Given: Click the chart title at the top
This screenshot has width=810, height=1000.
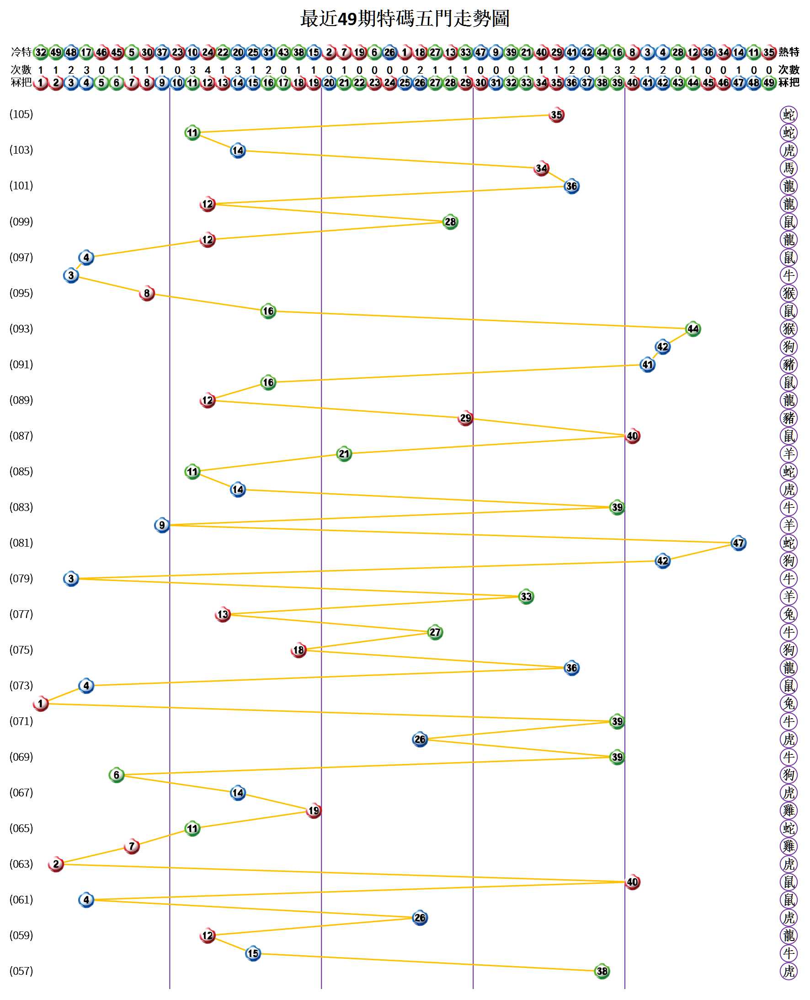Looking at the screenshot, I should click(x=405, y=19).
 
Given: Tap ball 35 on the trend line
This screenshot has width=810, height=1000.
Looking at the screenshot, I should click(x=556, y=115).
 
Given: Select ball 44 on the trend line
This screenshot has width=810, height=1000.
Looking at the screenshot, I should click(x=693, y=329).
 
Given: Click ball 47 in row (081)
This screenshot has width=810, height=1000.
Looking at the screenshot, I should click(x=738, y=543).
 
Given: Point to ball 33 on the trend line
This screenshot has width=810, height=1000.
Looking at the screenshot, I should click(x=526, y=597).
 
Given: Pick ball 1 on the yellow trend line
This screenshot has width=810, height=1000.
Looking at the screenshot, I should click(x=41, y=704).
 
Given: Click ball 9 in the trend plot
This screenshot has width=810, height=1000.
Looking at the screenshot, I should click(x=162, y=525).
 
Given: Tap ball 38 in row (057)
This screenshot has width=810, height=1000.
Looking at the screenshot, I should click(x=602, y=972).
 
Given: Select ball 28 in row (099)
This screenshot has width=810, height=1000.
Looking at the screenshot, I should click(x=450, y=222).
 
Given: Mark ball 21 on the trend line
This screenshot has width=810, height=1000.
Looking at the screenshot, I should click(x=344, y=454).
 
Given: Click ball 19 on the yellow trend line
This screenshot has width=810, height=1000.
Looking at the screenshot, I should click(x=314, y=811).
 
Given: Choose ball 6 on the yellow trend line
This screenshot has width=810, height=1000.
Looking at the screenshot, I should click(x=117, y=775).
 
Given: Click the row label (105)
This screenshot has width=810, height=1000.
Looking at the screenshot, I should click(x=21, y=114).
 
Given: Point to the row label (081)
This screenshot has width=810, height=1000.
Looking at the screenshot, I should click(x=21, y=543).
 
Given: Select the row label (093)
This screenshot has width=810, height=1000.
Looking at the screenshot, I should click(x=21, y=328).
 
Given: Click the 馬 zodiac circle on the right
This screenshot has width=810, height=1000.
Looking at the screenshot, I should click(x=789, y=168).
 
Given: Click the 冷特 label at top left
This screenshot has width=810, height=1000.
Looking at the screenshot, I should click(x=21, y=52).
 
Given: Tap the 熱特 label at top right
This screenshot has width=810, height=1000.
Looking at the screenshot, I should click(x=789, y=52).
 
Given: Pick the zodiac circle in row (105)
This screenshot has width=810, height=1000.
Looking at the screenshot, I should click(x=789, y=114).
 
